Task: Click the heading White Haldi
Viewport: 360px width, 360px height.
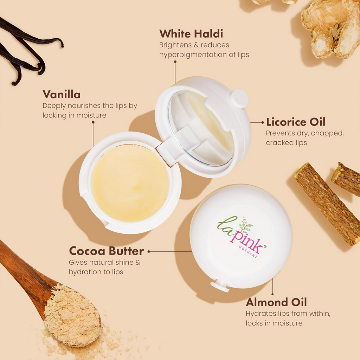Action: coord(191,34)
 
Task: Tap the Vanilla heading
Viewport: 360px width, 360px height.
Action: coord(62,94)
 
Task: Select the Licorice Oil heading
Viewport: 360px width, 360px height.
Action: coord(296,122)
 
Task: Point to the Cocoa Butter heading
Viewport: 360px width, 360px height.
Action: coord(106,251)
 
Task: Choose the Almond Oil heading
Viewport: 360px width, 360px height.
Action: coord(276,302)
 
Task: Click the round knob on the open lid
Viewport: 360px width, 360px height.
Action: coord(240,98)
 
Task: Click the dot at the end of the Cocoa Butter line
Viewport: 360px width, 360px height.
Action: coord(149,251)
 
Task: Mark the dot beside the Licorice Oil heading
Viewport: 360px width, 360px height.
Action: coord(263,122)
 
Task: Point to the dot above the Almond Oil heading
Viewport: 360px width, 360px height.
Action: coord(272,294)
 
